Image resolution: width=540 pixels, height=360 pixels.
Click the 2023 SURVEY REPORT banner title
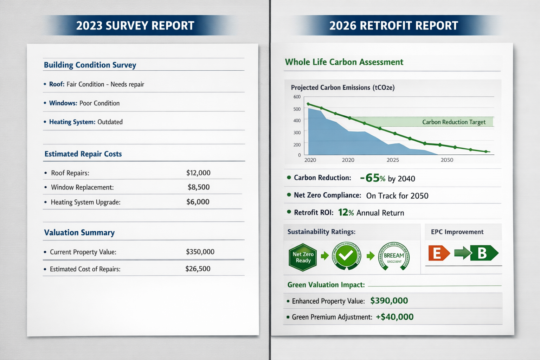135,26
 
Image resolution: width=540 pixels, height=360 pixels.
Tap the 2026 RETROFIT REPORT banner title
393,26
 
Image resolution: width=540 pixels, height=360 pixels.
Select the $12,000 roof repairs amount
198,173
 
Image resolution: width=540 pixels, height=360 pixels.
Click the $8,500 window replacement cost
199,187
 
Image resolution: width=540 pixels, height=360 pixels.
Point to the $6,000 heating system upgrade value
198,202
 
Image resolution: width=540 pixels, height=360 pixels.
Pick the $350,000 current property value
200,252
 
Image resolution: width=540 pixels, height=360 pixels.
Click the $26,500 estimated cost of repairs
198,269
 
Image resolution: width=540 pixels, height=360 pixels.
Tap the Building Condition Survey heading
90,65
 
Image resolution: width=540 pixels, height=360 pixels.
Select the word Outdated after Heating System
110,122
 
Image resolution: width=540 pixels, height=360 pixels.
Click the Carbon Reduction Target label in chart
454,122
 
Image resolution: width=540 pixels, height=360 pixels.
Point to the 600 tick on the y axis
297,97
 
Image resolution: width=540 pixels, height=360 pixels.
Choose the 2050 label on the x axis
447,160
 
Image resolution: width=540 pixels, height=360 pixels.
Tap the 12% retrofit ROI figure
346,212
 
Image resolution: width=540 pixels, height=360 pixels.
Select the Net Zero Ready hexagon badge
303,257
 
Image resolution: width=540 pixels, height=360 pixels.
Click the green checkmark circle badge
347,256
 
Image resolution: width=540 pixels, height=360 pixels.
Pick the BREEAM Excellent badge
394,256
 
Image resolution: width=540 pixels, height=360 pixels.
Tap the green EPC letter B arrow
483,253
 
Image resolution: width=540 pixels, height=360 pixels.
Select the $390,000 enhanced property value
389,301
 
